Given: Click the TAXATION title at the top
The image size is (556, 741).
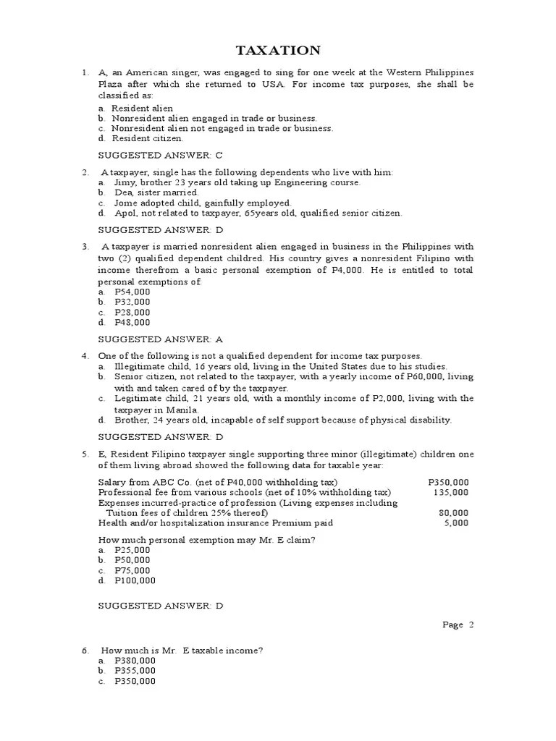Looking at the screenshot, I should (278, 50).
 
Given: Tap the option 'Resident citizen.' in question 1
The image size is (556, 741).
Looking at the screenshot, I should (148, 138).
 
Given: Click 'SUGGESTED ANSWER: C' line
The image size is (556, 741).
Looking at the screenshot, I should (160, 155).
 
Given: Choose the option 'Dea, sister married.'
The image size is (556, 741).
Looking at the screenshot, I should (156, 193).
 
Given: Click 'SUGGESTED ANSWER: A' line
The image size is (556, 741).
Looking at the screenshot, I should (160, 339).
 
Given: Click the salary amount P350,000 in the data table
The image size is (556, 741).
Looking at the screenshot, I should (448, 483).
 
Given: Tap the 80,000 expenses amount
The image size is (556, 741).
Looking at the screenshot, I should (453, 513).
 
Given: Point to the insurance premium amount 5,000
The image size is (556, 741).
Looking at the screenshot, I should (456, 523).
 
